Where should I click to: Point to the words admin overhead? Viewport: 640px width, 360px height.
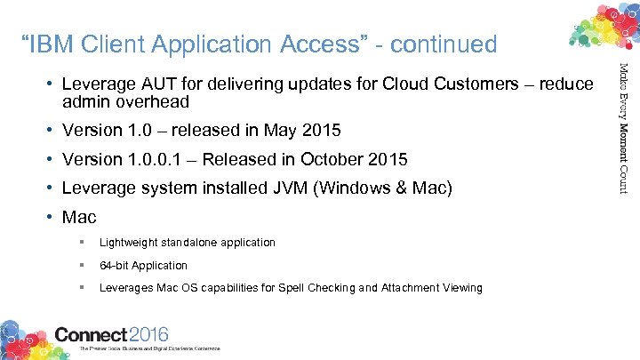click(x=125, y=101)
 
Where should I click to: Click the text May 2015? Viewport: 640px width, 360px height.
click(x=302, y=131)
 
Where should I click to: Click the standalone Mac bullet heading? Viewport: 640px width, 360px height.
click(x=79, y=217)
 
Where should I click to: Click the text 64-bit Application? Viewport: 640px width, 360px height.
click(x=143, y=265)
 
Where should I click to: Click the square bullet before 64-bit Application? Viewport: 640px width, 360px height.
click(x=81, y=265)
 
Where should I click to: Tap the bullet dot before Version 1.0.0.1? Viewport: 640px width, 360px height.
click(x=52, y=160)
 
